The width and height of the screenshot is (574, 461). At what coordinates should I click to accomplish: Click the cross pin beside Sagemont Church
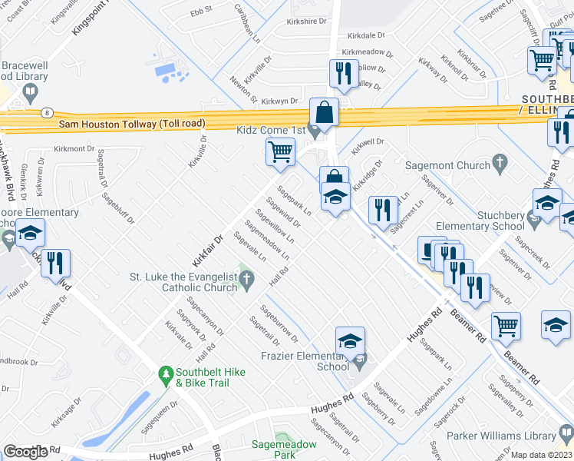(x=500, y=162)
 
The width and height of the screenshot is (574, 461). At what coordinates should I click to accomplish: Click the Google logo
(x=25, y=452)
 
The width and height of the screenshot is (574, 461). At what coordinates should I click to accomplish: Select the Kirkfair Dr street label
(x=207, y=250)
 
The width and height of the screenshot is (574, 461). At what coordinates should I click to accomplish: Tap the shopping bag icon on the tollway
(x=325, y=112)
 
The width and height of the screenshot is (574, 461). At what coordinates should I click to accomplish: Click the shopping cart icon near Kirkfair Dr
(x=281, y=151)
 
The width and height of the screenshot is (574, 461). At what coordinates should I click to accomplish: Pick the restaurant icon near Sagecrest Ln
(x=382, y=209)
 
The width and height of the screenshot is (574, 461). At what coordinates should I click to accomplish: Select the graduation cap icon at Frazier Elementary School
(x=350, y=340)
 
